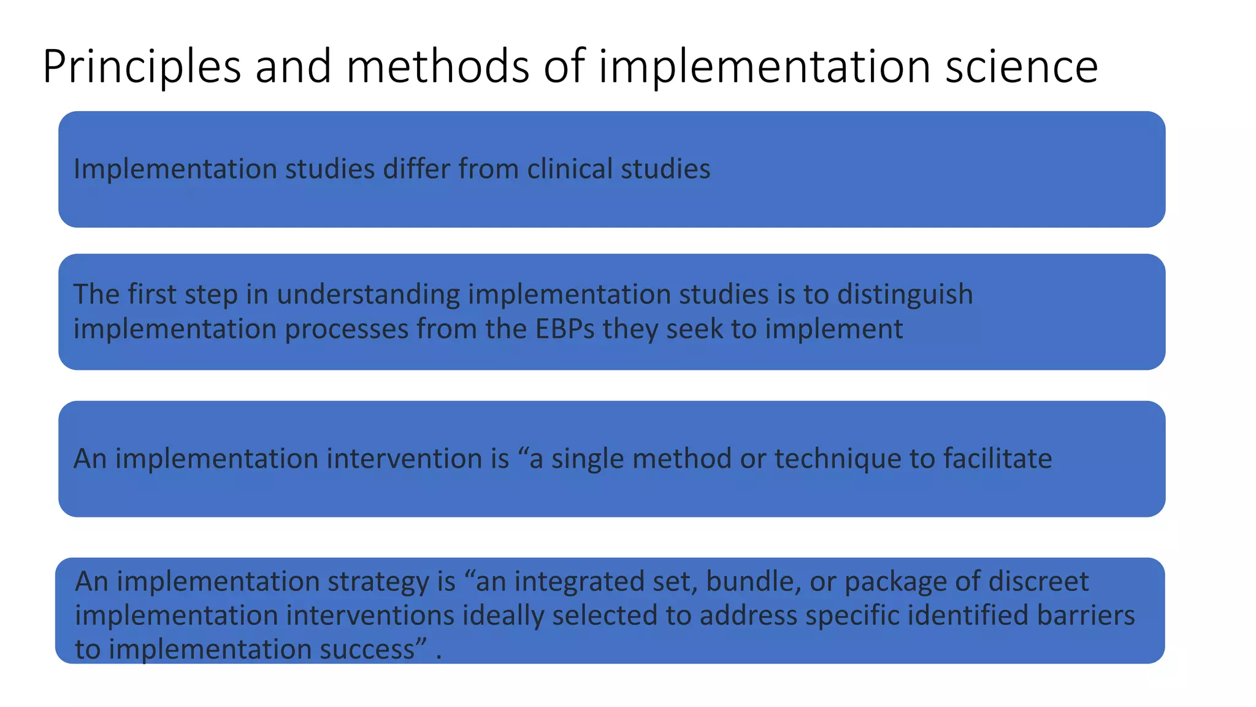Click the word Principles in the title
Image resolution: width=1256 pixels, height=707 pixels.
coord(142,66)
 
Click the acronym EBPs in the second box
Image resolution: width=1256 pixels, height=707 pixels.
coord(565,329)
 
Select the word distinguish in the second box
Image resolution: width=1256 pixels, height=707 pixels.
coord(905,295)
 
